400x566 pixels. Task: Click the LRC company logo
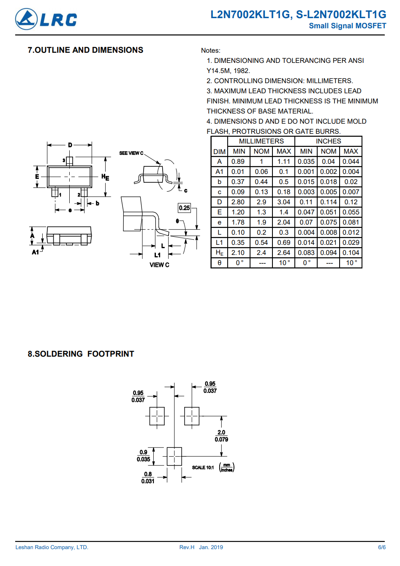(x=46, y=19)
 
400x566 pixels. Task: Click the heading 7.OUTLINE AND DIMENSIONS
(x=85, y=50)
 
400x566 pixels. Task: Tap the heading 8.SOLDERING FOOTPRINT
(x=81, y=354)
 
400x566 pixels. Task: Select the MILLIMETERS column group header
(x=261, y=141)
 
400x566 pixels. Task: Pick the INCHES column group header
(x=328, y=141)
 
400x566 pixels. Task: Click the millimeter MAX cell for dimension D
(x=284, y=202)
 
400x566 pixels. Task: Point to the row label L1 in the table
(x=219, y=243)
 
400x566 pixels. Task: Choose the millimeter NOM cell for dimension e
(x=261, y=222)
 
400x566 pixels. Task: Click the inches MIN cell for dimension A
(x=306, y=162)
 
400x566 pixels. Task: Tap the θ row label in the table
(x=219, y=263)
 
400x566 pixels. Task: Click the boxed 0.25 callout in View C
(x=184, y=208)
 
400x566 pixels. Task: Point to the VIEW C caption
(x=159, y=265)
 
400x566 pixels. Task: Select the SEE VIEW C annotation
(x=131, y=153)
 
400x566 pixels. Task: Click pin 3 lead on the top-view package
(x=70, y=161)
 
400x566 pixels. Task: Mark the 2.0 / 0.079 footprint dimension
(x=221, y=436)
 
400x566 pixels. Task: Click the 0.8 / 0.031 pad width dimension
(x=148, y=477)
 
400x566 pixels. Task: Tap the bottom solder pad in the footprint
(x=174, y=456)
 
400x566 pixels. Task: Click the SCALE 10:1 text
(x=203, y=468)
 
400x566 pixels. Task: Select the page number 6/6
(x=382, y=547)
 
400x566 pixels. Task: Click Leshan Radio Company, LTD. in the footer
(x=52, y=547)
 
